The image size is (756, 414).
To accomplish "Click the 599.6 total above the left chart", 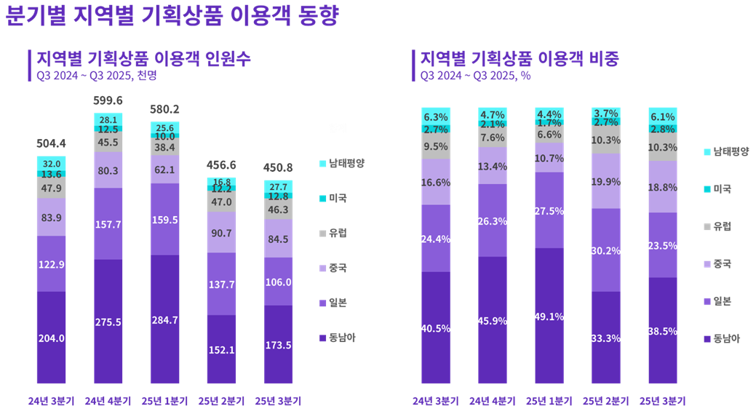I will tap(108, 100).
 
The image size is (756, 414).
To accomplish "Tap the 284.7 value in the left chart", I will tap(165, 320).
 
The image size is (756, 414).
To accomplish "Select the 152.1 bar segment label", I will tap(222, 350).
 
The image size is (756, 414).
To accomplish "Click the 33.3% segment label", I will tap(606, 338).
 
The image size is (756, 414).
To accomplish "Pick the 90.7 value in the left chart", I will tap(222, 233).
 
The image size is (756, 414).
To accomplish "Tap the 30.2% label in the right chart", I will tap(606, 251).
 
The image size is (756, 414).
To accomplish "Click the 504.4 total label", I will tap(51, 143).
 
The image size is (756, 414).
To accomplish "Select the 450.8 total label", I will tap(279, 167).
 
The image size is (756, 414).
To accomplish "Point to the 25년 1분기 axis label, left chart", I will tap(164, 401).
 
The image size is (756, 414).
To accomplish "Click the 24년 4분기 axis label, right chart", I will tap(493, 401).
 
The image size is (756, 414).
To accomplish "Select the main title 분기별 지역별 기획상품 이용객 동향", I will tap(172, 16).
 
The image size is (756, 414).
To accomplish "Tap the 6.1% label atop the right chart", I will tap(663, 116).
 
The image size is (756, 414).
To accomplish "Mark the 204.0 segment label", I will tap(51, 338).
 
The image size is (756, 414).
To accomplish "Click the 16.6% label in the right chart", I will tap(435, 183).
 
